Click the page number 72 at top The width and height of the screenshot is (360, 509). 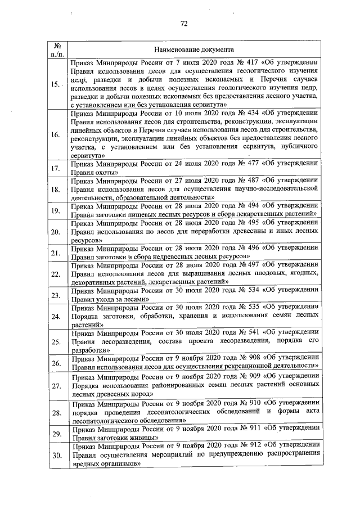coord(183,23)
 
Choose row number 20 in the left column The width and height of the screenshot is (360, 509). coord(56,232)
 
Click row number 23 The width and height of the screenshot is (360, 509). coord(56,295)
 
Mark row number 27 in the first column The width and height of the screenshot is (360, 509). coord(56,386)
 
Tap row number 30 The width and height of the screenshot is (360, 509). coord(56,456)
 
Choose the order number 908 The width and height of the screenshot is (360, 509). coord(253,357)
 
